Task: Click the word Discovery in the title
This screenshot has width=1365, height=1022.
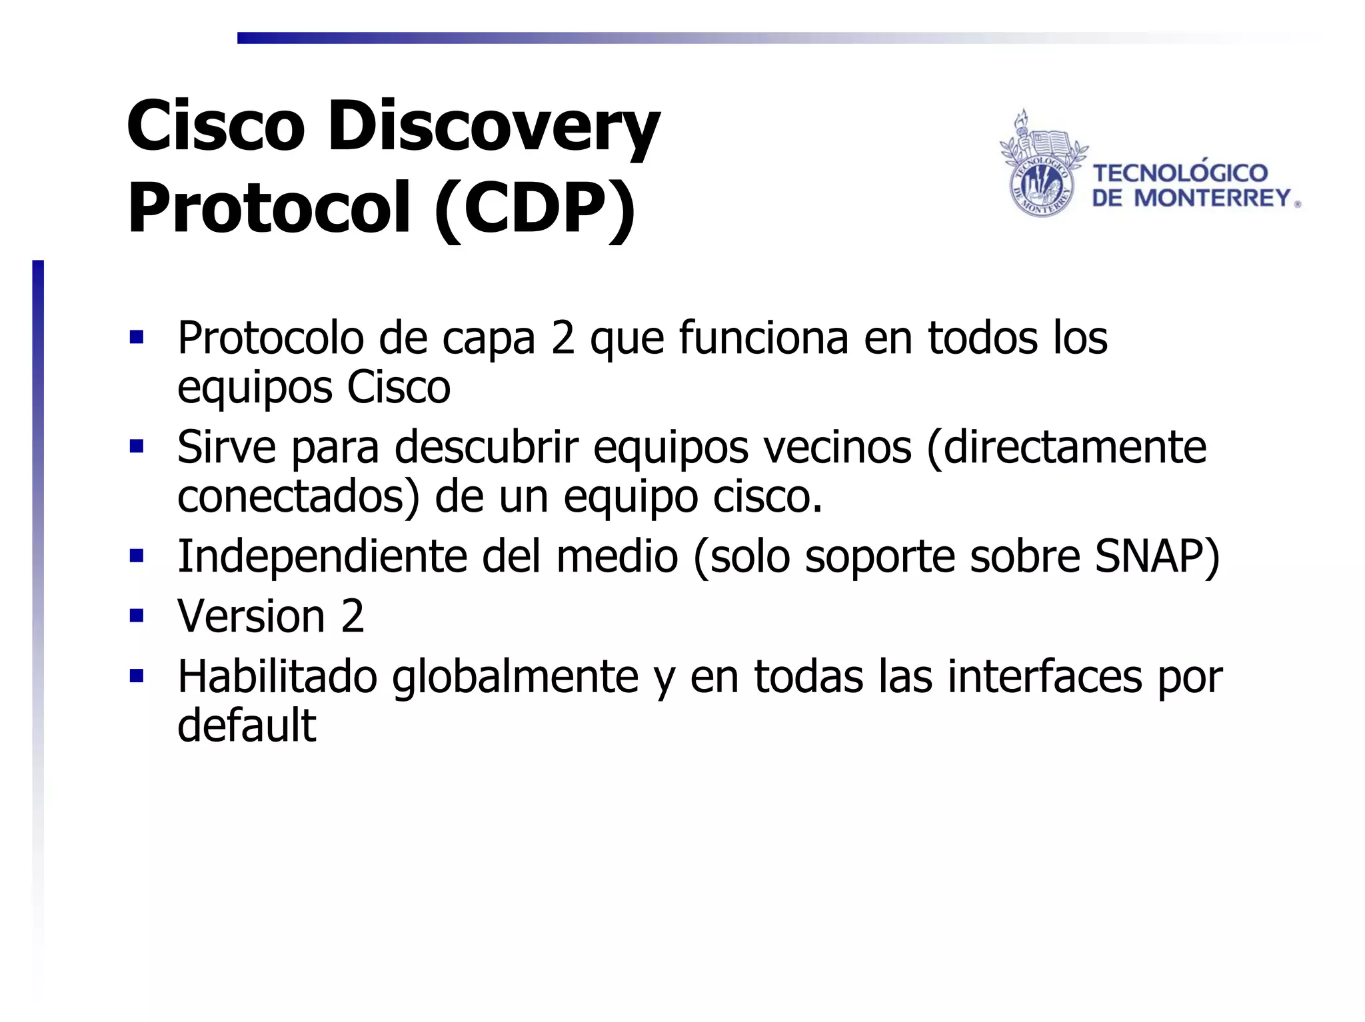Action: pos(493,127)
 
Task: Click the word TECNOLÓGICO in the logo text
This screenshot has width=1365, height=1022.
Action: pos(1180,173)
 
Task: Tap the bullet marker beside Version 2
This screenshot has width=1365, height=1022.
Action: pos(137,614)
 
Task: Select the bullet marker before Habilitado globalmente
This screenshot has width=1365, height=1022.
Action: pos(137,676)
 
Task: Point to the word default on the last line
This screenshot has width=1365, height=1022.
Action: pos(247,726)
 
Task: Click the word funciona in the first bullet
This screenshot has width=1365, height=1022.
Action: pos(764,338)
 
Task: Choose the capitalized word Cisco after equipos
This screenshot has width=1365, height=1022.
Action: pos(399,387)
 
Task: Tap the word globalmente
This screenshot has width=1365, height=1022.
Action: pos(515,677)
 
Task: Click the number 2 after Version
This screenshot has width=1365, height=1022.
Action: pos(353,616)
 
